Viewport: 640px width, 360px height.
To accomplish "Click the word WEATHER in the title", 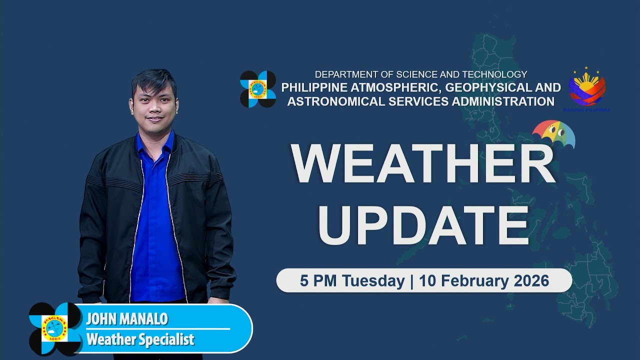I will [423, 164].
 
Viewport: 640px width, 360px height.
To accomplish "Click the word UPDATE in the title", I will [423, 223].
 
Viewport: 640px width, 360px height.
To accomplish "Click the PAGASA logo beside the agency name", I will [258, 89].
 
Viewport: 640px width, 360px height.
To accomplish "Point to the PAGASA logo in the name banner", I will [55, 328].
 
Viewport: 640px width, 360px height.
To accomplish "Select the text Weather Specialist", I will [140, 340].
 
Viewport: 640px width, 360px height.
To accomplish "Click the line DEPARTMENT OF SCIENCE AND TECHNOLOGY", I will [420, 74].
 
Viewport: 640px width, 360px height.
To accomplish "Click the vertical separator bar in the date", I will [412, 280].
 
